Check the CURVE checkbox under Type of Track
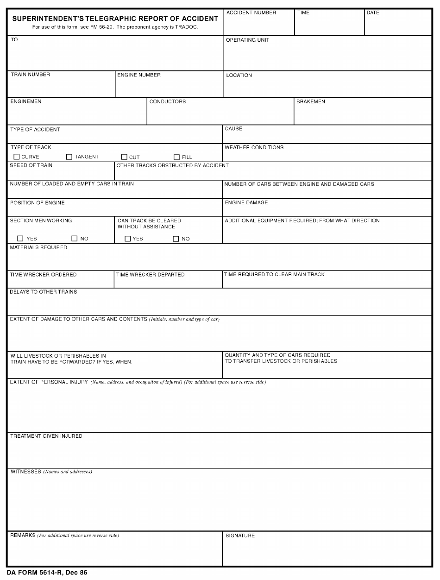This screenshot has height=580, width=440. coord(17,157)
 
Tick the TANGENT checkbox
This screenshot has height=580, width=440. coord(69,157)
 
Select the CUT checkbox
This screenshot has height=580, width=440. coord(124,157)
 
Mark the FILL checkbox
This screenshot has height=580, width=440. coord(176,157)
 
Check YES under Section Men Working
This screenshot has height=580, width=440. coord(20,239)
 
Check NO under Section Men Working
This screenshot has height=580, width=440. coord(74,239)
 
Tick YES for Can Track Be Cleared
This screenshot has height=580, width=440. coord(127,239)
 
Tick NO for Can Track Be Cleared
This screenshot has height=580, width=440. coord(176,239)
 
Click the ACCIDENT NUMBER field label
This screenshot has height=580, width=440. coord(251,13)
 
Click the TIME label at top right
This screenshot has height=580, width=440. coord(303,13)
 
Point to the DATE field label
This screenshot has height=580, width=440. coord(373,13)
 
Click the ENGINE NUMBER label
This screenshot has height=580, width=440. coord(139,75)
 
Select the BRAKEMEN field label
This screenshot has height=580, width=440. coord(311,101)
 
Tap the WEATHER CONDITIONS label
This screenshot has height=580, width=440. coord(254,147)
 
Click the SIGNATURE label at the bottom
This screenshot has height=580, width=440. coord(240,536)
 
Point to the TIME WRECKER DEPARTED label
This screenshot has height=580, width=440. coord(151,275)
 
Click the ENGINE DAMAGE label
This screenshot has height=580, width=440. coord(246,202)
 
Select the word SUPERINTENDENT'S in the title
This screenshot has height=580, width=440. coord(44,19)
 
